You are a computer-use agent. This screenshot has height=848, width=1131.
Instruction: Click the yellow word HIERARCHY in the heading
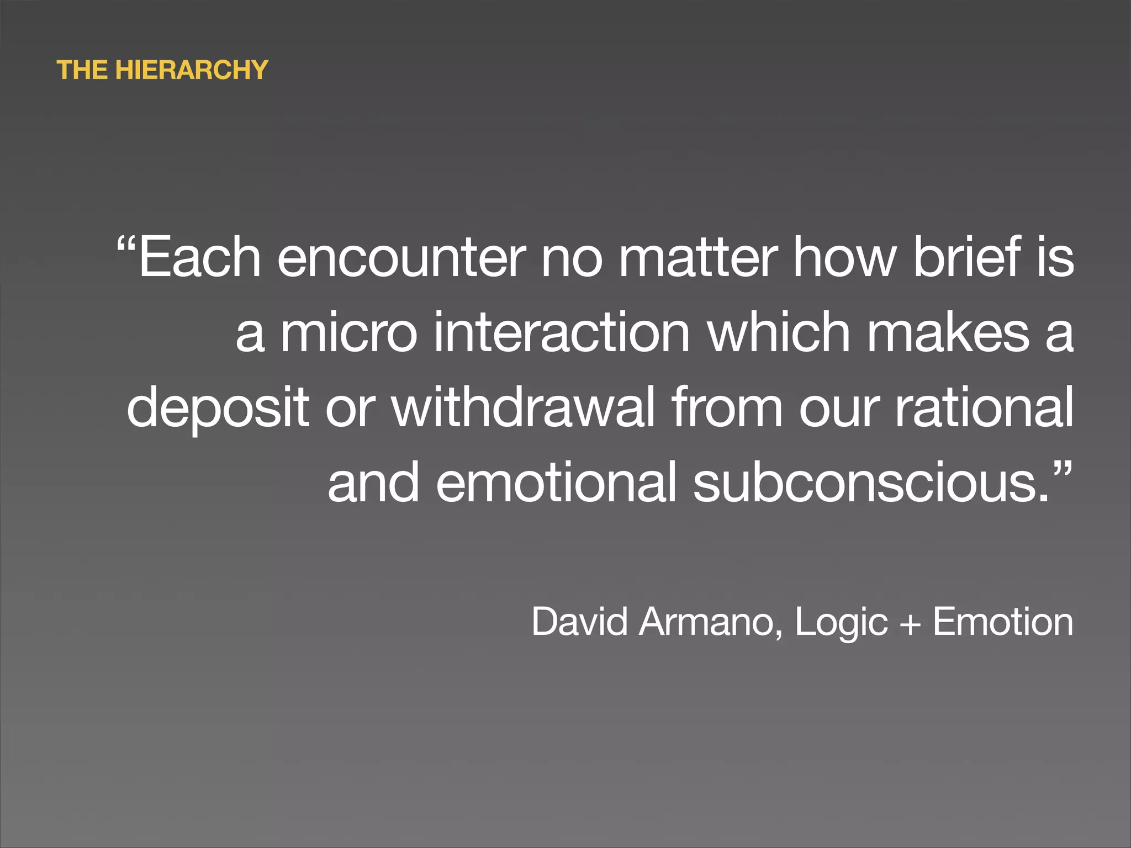(x=192, y=70)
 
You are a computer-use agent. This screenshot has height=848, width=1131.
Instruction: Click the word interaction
(x=562, y=332)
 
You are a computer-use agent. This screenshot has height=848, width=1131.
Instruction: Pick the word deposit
(x=218, y=409)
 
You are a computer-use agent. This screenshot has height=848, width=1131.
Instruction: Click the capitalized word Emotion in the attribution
(x=1003, y=622)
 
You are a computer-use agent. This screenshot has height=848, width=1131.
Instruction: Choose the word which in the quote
(x=779, y=332)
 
